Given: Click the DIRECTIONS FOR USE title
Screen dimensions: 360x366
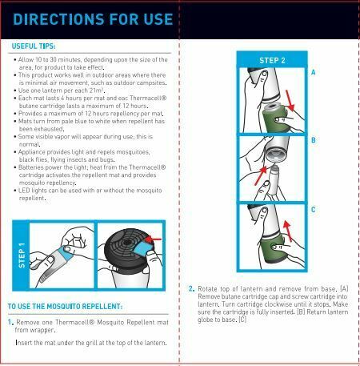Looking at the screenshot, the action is [93, 19].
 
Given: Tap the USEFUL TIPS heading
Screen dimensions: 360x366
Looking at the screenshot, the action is [34, 46].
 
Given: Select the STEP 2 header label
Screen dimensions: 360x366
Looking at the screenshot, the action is [272, 60].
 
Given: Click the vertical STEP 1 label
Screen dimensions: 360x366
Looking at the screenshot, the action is [22, 255].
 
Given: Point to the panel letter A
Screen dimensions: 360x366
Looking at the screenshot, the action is [314, 72].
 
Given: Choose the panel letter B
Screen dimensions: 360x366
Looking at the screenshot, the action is [314, 140].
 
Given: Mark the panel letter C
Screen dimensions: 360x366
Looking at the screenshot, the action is [314, 210].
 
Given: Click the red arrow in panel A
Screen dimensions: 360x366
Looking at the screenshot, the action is [290, 100].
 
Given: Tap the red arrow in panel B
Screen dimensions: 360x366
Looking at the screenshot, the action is [261, 175].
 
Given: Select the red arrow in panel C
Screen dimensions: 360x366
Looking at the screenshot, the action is [287, 231].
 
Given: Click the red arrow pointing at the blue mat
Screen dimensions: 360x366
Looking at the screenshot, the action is [154, 239].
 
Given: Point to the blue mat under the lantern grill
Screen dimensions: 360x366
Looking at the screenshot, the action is [143, 248].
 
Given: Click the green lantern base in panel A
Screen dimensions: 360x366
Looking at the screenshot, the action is [274, 118].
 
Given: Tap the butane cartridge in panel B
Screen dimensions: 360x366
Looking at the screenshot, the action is [274, 180].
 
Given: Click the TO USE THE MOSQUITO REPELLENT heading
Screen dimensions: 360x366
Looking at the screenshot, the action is [65, 307].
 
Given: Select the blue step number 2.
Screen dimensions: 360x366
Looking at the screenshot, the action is [191, 288].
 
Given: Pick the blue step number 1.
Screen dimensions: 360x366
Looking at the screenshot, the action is [10, 322].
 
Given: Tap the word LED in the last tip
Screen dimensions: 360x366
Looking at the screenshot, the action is [24, 191].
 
